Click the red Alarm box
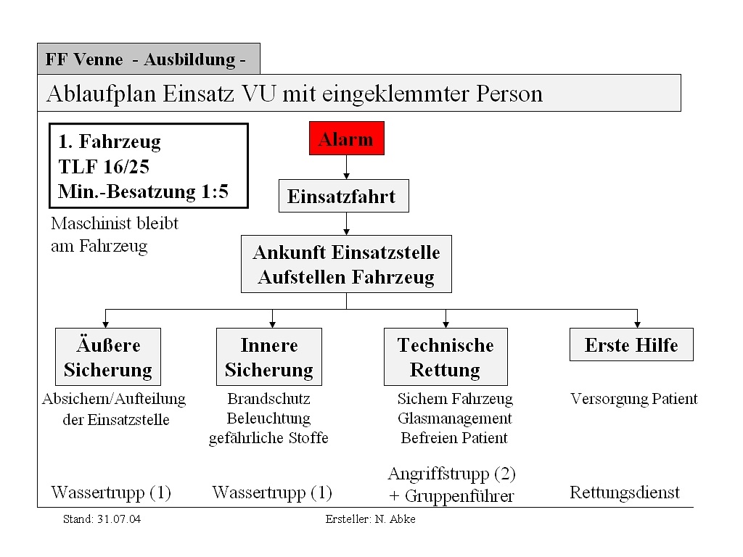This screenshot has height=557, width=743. click(346, 139)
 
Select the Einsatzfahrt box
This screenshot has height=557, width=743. click(343, 196)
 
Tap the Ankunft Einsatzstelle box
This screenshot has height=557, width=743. click(346, 264)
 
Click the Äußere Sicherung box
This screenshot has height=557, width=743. click(108, 357)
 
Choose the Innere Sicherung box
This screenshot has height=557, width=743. click(269, 357)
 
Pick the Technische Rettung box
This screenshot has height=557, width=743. click(446, 357)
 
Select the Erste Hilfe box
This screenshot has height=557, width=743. click(631, 344)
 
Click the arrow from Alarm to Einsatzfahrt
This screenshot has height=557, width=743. click(346, 168)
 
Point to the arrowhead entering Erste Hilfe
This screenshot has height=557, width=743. click(637, 325)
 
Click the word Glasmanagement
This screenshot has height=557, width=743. click(455, 418)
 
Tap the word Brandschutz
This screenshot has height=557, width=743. click(268, 398)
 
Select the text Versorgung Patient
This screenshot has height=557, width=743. click(634, 399)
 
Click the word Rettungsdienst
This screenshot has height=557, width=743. click(625, 492)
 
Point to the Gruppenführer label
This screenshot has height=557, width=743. click(459, 496)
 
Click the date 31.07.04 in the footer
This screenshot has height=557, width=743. click(119, 519)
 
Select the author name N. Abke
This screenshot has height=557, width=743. click(395, 519)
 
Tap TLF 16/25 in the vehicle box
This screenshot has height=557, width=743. click(104, 166)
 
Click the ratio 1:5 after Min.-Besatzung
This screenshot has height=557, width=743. click(215, 191)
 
